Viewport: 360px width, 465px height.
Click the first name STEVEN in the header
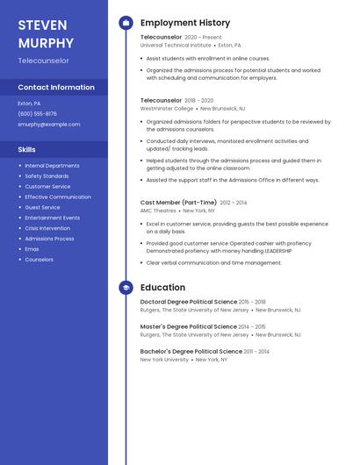(x=43, y=25)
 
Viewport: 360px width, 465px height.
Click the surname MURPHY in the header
(x=47, y=42)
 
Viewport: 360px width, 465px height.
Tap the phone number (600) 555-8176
(x=37, y=113)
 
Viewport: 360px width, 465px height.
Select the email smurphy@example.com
(x=48, y=124)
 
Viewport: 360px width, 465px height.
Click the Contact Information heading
(x=56, y=88)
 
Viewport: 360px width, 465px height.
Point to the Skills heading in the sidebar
(x=27, y=150)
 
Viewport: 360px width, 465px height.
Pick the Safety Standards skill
(x=47, y=175)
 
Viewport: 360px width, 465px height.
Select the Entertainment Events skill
(x=52, y=218)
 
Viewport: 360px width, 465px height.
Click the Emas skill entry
(x=32, y=249)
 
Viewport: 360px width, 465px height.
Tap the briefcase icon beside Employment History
(x=126, y=23)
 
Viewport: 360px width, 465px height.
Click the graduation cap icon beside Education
(x=126, y=287)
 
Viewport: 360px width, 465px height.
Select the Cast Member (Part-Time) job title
(x=179, y=202)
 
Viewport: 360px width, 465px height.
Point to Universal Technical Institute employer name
(x=176, y=45)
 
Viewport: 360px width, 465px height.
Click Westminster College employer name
(x=167, y=108)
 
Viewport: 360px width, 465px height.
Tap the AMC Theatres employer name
(x=158, y=211)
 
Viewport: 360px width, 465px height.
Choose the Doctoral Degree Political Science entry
(x=189, y=301)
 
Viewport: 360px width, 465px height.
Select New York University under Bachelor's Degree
(x=164, y=360)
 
